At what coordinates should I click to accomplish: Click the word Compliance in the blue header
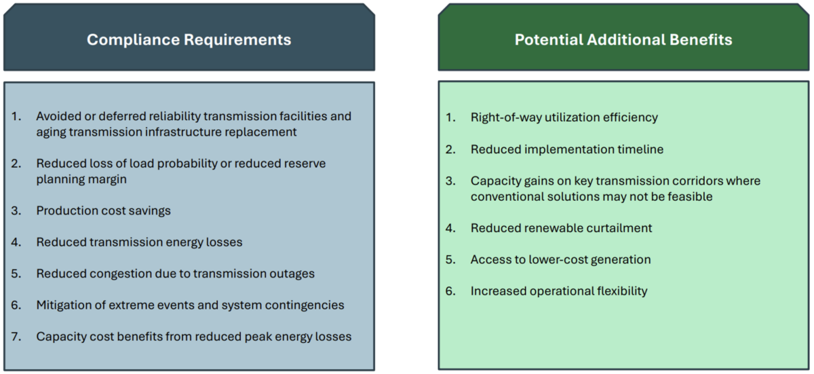coord(134,40)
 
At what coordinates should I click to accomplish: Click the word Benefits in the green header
coord(701,39)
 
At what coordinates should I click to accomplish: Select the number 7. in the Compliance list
coord(16,337)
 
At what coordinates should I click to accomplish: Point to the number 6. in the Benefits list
coord(450,291)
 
